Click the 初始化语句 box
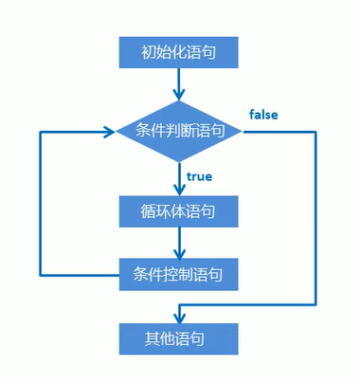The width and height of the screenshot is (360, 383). pos(177,51)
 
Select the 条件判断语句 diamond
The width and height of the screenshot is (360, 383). pos(177,132)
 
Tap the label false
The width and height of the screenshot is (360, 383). pos(263,115)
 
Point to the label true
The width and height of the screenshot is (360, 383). pos(199,177)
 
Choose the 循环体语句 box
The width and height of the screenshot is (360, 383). pos(177,210)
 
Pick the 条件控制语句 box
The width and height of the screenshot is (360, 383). pos(177,276)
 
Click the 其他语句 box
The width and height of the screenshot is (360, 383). pos(177,337)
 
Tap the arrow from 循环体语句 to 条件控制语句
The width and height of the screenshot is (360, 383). pos(177,243)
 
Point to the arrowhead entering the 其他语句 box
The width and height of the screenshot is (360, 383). pos(177,317)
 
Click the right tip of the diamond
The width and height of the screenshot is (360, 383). pos(243,132)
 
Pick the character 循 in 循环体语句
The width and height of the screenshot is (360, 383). pos(142,210)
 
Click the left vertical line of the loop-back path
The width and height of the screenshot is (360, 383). pos(39,204)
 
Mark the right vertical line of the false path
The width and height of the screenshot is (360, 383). pos(315,218)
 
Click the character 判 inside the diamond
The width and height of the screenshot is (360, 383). pos(171,132)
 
